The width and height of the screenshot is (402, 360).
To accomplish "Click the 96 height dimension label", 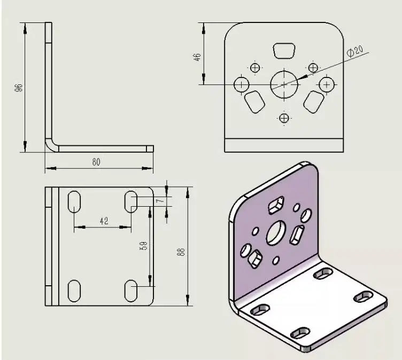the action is (19, 88).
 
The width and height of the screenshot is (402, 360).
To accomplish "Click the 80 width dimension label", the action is (96, 162).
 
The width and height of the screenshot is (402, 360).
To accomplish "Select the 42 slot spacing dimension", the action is (104, 221).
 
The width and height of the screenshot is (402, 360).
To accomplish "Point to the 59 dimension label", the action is (144, 246).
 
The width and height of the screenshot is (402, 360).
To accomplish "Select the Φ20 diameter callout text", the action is (355, 51).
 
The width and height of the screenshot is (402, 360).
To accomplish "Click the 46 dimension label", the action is (197, 57).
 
